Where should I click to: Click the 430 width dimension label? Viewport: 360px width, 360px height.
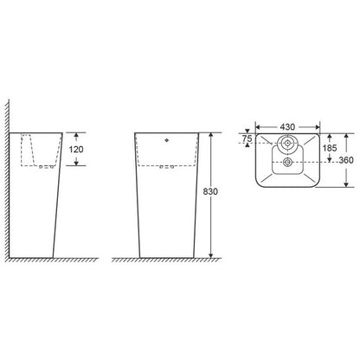click(x=287, y=126)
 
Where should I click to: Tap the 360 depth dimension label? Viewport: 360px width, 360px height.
click(x=346, y=160)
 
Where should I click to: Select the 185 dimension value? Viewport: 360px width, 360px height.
click(x=330, y=148)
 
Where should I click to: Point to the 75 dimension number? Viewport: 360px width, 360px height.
click(x=247, y=138)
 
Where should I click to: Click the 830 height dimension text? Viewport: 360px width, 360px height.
click(x=210, y=191)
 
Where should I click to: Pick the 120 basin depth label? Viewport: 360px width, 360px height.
click(x=76, y=149)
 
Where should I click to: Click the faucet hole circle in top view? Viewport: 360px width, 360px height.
click(x=287, y=143)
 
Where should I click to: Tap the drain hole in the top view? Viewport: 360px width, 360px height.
click(x=287, y=163)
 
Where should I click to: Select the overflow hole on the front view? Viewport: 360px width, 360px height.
click(x=166, y=140)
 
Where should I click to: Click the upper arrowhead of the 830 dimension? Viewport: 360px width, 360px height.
click(x=211, y=136)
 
